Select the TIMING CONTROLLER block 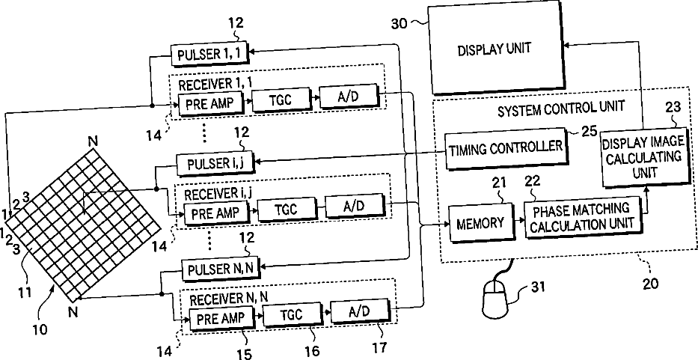(505, 147)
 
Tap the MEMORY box (476, 222)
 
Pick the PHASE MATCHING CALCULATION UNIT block (581, 216)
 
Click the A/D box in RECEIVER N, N (359, 314)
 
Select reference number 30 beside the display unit (400, 22)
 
